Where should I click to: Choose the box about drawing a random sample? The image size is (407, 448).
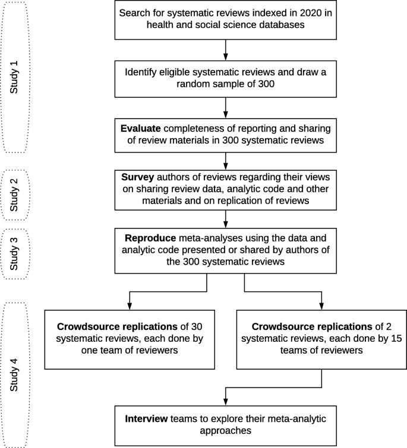[x=226, y=78]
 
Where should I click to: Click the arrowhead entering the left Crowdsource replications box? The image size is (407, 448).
[x=130, y=304]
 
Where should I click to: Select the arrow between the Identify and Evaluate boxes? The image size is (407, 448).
[x=226, y=106]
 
